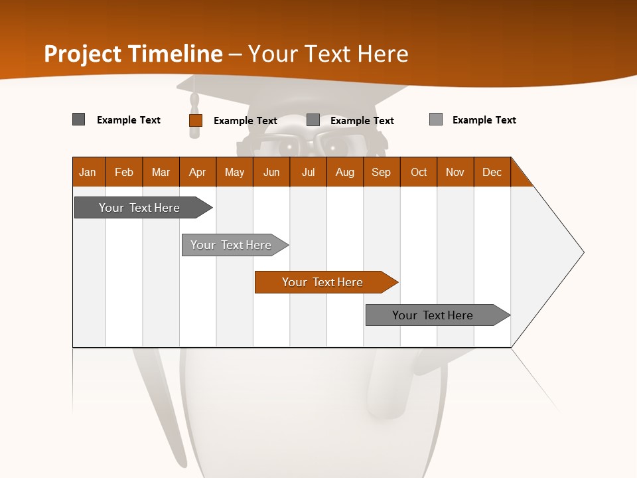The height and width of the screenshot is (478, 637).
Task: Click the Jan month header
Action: [88, 172]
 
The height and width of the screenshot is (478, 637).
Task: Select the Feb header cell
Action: [124, 172]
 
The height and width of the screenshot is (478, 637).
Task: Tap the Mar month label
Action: [161, 172]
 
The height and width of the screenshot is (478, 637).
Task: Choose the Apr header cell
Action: [198, 172]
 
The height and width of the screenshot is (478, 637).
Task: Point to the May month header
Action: [234, 172]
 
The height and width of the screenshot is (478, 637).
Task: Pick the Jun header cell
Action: [271, 172]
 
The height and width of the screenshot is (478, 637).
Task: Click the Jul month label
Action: [308, 172]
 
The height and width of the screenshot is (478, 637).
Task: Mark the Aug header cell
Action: [345, 172]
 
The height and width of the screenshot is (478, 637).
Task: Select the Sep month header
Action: [382, 172]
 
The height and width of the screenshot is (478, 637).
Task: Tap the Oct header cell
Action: [419, 172]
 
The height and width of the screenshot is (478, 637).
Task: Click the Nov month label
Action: [455, 172]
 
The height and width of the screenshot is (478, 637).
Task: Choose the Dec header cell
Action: [492, 172]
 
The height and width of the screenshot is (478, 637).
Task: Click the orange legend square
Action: [196, 120]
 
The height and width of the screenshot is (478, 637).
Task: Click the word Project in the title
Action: [83, 54]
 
